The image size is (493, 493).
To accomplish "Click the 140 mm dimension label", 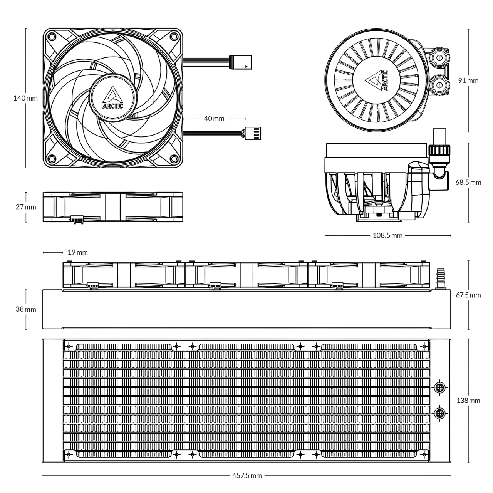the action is (25, 98).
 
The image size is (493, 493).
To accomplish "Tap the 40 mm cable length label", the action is (214, 119).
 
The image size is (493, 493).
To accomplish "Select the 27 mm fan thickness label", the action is (26, 207).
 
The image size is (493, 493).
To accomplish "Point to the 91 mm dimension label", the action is (468, 80).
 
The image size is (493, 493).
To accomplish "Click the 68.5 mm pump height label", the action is (468, 183).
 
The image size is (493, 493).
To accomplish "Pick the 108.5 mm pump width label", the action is (387, 235).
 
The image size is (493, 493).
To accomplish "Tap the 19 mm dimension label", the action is (77, 252).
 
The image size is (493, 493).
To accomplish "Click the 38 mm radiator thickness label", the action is (26, 309).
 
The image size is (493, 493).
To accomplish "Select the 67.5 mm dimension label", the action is (468, 295).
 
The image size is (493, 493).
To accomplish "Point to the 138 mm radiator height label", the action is (468, 401).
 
